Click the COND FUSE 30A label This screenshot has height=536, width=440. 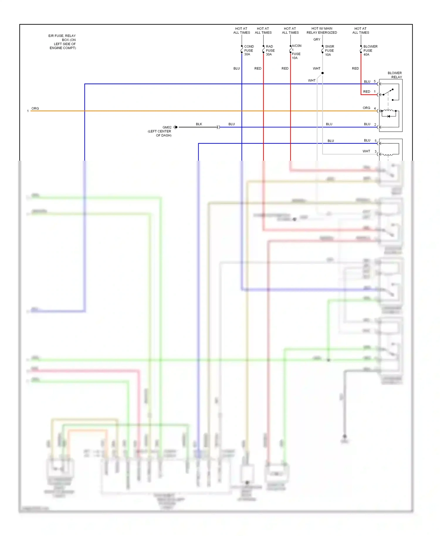pyautogui.click(x=248, y=50)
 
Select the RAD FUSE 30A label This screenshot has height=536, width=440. pyautogui.click(x=270, y=50)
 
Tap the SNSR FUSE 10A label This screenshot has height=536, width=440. pyautogui.click(x=329, y=50)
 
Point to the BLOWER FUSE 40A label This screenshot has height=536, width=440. pyautogui.click(x=370, y=50)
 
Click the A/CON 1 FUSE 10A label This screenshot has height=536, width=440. pyautogui.click(x=296, y=52)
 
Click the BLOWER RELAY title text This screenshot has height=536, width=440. pyautogui.click(x=395, y=75)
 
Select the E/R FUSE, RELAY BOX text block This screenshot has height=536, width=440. pyautogui.click(x=62, y=42)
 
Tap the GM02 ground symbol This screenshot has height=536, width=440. pyautogui.click(x=175, y=127)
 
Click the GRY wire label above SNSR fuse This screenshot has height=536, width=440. pyautogui.click(x=317, y=40)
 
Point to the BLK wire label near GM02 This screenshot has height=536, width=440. pyautogui.click(x=199, y=124)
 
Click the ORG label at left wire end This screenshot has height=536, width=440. pyautogui.click(x=35, y=108)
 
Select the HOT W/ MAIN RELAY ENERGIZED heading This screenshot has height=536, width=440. pyautogui.click(x=322, y=30)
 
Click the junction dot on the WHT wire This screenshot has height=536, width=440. pyautogui.click(x=322, y=73)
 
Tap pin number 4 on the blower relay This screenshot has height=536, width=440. pyautogui.click(x=375, y=108)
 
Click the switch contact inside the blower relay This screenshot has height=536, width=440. pyautogui.click(x=388, y=92)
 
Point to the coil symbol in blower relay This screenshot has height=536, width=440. pyautogui.click(x=389, y=111)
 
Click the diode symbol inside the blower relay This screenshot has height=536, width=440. pyautogui.click(x=389, y=116)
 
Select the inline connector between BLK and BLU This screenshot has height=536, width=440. pyautogui.click(x=218, y=127)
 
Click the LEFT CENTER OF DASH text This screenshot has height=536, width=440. pyautogui.click(x=160, y=133)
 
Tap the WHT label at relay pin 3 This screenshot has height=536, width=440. pyautogui.click(x=366, y=151)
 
